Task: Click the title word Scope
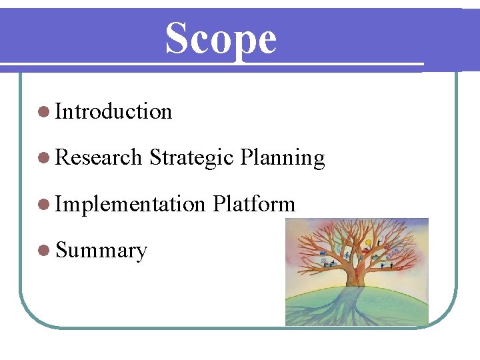(x=221, y=39)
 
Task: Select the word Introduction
(x=114, y=111)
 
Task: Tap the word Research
(x=99, y=157)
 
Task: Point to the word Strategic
(x=191, y=158)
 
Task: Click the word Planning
(x=282, y=158)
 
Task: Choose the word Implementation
(x=130, y=204)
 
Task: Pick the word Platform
(x=254, y=204)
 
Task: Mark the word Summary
(x=101, y=251)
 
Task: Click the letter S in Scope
(x=177, y=39)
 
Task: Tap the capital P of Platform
(x=219, y=204)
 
